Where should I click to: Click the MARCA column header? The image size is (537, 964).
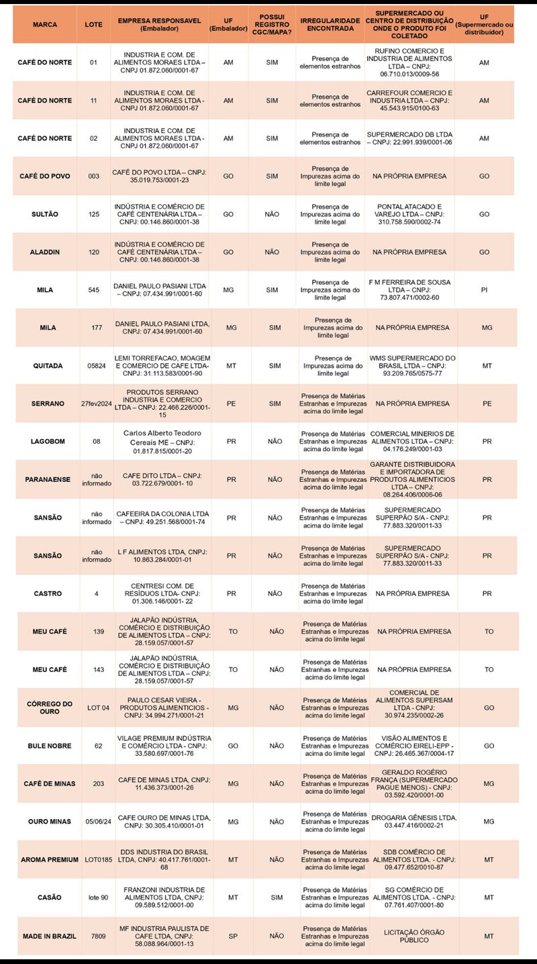[44, 24]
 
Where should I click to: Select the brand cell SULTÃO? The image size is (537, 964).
[44, 214]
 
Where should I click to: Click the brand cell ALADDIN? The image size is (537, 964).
[44, 252]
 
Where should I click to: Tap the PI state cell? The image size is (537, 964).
[484, 290]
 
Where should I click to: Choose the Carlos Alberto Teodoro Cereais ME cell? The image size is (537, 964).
[164, 442]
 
